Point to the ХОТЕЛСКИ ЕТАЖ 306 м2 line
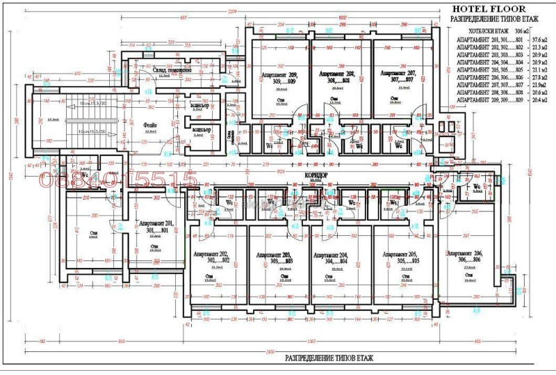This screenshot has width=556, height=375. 494,31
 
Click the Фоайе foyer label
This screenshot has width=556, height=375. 150,125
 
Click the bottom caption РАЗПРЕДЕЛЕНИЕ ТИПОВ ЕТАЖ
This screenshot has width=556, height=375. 329,358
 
